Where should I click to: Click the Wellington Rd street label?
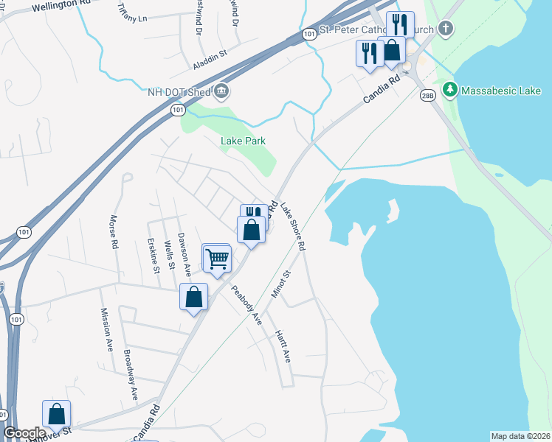click(61, 5)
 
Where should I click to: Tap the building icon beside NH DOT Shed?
click(221, 91)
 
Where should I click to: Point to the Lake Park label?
click(243, 141)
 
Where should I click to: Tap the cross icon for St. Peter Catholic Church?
click(444, 29)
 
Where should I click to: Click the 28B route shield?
click(427, 96)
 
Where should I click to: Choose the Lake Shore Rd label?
click(292, 227)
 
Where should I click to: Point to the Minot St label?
click(281, 284)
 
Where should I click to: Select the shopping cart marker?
click(218, 258)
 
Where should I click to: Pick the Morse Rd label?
click(114, 231)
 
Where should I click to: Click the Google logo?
click(24, 433)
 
